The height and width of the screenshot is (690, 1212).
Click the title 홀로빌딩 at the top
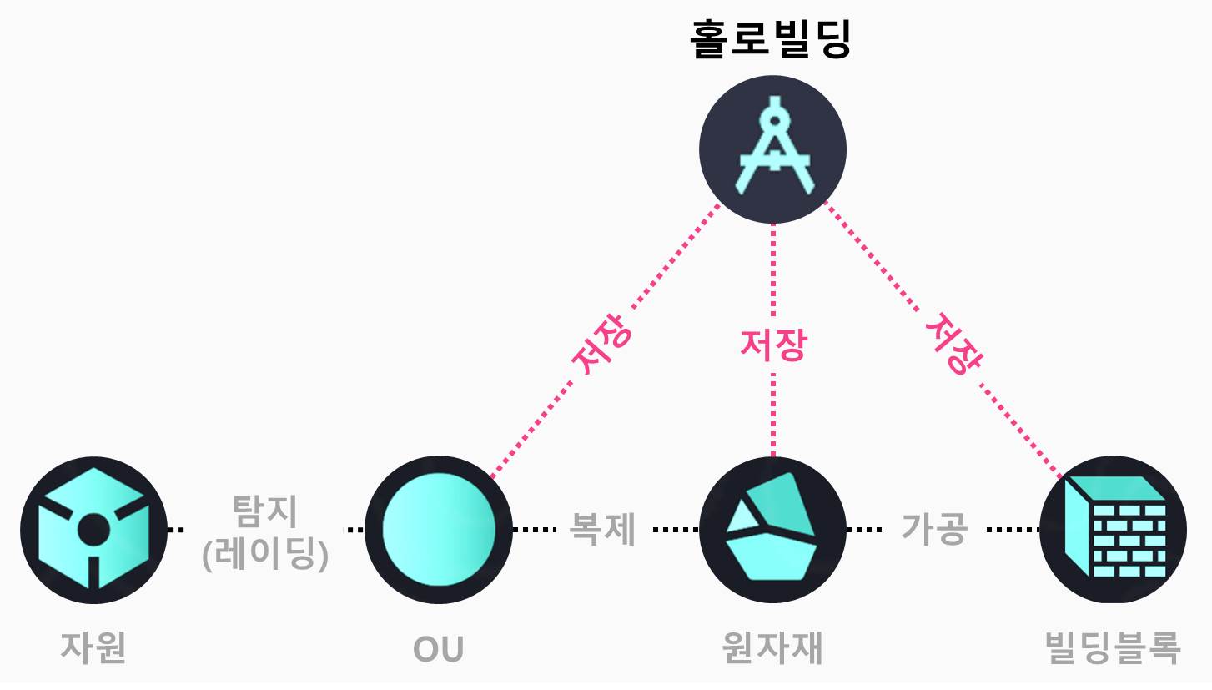(772, 40)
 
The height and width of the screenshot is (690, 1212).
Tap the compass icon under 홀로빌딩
(773, 150)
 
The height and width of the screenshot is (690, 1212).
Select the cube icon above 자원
(93, 529)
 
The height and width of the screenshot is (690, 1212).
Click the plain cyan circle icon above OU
(439, 529)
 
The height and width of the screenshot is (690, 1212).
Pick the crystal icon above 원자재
(772, 529)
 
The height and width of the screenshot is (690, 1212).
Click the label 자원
(93, 647)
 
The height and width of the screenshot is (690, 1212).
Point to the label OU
(439, 648)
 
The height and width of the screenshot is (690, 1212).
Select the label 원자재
(772, 647)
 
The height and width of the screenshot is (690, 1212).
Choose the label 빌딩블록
(1113, 647)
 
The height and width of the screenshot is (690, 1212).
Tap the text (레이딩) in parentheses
(264, 553)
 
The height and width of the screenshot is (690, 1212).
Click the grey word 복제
(602, 529)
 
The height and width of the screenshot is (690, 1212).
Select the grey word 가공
(934, 529)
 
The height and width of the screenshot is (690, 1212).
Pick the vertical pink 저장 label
(772, 345)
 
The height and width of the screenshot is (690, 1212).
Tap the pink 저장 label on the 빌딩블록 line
(953, 345)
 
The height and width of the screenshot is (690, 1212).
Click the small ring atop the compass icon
(777, 120)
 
